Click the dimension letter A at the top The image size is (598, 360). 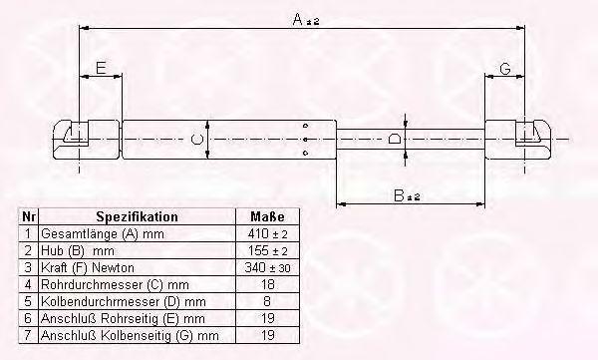pos(298,19)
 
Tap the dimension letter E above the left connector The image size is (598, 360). pos(101,69)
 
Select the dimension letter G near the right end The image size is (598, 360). pos(504,69)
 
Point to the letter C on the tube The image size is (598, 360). pos(196,140)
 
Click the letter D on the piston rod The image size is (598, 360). pos(395,139)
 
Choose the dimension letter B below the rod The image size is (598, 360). pos(399,195)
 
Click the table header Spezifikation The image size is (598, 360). pos(137,216)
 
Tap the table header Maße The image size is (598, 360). pos(267,216)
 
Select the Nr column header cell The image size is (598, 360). pos(29,216)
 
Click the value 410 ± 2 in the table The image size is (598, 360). pos(267,233)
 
